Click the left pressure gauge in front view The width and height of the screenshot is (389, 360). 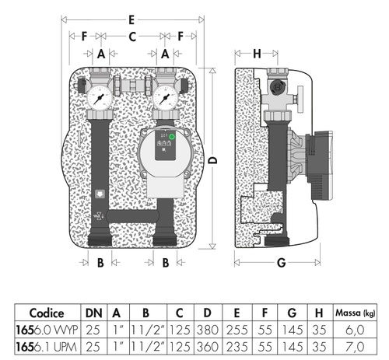100,100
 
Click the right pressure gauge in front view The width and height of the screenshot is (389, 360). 165,100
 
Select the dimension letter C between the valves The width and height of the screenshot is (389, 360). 132,36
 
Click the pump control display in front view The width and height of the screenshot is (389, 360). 165,142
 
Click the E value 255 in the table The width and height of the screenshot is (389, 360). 235,329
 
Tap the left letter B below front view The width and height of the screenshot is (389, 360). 100,262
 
